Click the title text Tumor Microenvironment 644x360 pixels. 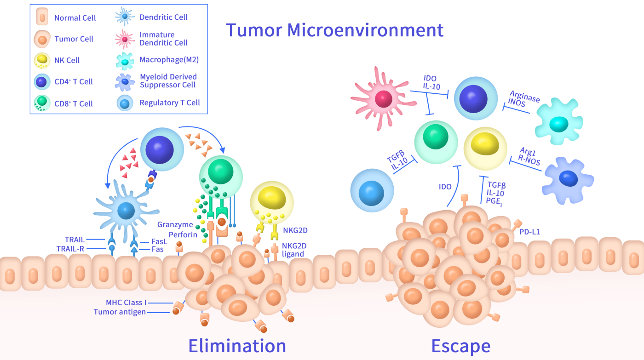334,30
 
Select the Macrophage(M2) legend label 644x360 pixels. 169,60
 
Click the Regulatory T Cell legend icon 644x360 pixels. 125,103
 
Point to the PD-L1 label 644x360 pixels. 529,232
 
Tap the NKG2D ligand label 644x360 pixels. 293,249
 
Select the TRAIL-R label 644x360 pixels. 70,248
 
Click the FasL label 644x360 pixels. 159,241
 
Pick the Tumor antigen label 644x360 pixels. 119,312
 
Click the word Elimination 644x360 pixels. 237,345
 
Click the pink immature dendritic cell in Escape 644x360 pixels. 382,98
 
